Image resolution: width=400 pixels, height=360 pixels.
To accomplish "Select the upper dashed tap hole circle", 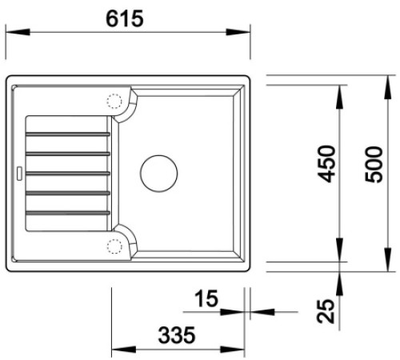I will (114, 102).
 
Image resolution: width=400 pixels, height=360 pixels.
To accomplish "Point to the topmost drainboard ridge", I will (67, 132).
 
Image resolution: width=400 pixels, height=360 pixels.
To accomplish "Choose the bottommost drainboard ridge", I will (67, 213).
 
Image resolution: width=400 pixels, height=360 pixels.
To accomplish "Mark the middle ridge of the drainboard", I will (67, 173).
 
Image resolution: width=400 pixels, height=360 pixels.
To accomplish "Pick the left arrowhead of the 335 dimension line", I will (115, 350).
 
